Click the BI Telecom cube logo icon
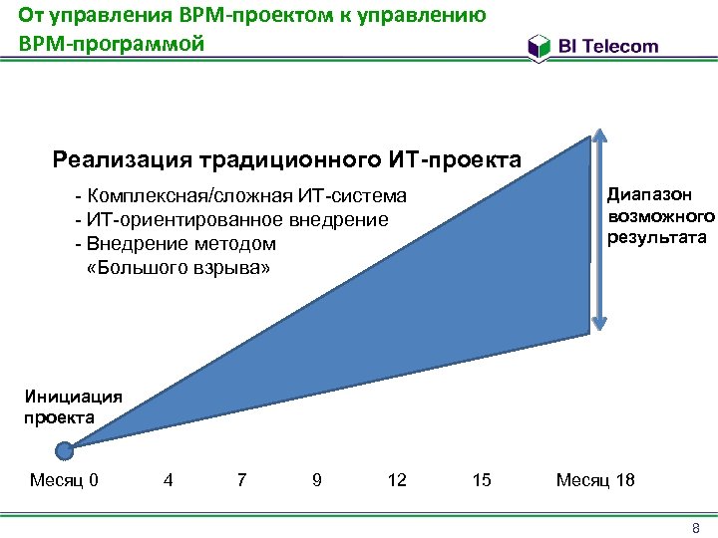click(539, 46)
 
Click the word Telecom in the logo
click(623, 46)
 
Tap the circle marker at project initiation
click(66, 450)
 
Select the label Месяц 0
click(64, 481)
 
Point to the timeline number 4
click(168, 481)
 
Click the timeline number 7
click(241, 481)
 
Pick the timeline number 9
click(316, 481)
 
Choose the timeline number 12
click(397, 481)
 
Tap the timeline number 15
click(482, 481)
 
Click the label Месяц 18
click(595, 481)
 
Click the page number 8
click(697, 527)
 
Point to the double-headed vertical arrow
click(598, 227)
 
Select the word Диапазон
click(649, 195)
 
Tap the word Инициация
click(73, 396)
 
